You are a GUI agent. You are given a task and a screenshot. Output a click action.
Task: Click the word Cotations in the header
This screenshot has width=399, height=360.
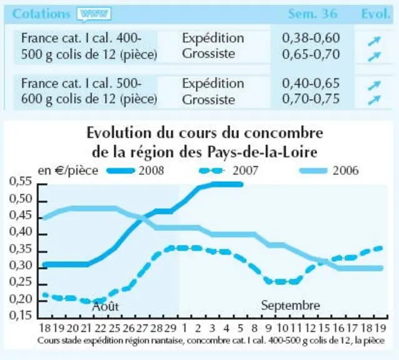pyautogui.click(x=41, y=14)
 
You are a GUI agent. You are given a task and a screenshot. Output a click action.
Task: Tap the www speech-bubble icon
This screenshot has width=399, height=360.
pyautogui.click(x=94, y=14)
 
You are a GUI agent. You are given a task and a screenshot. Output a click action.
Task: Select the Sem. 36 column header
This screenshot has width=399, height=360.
pyautogui.click(x=313, y=14)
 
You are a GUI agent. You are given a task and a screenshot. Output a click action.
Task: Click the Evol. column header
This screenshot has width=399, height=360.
pyautogui.click(x=376, y=14)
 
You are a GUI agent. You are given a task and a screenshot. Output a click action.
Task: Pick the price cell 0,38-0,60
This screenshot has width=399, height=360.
pyautogui.click(x=311, y=38)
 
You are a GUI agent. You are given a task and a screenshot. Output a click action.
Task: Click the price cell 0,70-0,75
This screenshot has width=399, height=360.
pyautogui.click(x=311, y=99)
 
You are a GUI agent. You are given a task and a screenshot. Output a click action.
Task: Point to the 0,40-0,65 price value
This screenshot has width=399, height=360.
pyautogui.click(x=311, y=83)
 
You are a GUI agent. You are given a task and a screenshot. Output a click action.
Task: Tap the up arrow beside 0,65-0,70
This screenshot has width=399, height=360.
pyautogui.click(x=375, y=56)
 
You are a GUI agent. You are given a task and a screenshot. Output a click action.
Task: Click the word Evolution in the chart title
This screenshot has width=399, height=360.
pyautogui.click(x=119, y=132)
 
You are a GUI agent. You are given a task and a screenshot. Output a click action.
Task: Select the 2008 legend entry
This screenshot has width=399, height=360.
pyautogui.click(x=135, y=171)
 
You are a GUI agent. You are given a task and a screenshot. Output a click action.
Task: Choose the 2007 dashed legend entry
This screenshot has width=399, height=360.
pyautogui.click(x=228, y=171)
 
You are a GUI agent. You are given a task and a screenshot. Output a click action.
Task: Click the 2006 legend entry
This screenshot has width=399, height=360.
pyautogui.click(x=330, y=171)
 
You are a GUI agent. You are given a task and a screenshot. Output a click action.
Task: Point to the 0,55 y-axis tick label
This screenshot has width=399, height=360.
pyautogui.click(x=21, y=181)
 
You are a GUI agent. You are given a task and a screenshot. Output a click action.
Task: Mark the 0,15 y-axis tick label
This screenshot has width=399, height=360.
pyautogui.click(x=21, y=315)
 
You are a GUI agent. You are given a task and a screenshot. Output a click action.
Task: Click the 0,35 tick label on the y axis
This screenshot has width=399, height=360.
pyautogui.click(x=21, y=249)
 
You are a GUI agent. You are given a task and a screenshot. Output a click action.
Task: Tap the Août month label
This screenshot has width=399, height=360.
pyautogui.click(x=105, y=306)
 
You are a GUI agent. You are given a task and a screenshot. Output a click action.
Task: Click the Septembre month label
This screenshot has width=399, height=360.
pyautogui.click(x=291, y=306)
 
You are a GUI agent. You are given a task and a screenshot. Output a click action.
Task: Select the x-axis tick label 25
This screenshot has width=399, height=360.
pyautogui.click(x=114, y=328)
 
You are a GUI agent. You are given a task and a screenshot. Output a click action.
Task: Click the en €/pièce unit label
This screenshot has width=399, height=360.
pyautogui.click(x=68, y=171)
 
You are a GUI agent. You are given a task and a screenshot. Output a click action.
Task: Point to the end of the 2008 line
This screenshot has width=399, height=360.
pyautogui.click(x=241, y=184)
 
